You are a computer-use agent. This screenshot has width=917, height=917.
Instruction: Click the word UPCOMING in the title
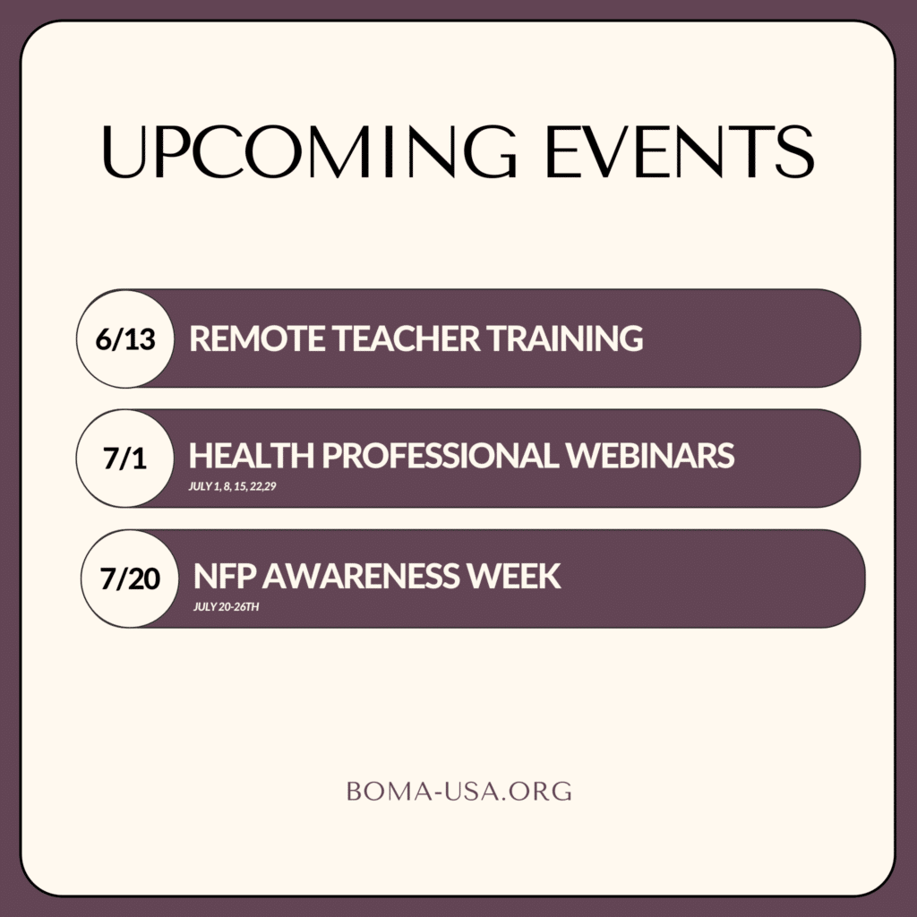[309, 151]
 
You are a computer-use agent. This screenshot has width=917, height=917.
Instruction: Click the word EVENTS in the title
[680, 151]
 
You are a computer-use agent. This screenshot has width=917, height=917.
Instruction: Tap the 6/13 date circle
[125, 339]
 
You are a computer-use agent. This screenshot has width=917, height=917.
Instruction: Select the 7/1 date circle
[125, 458]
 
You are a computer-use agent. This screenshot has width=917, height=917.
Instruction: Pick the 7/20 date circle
[130, 578]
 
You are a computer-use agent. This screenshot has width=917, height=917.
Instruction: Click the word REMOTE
[257, 339]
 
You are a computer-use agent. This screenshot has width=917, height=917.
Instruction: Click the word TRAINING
[565, 339]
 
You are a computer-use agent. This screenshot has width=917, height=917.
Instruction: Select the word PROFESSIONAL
[441, 456]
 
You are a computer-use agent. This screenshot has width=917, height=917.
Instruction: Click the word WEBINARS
[650, 456]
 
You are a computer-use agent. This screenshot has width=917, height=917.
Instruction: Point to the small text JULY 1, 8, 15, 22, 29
[232, 486]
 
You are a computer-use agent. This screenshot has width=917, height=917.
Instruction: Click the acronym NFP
[225, 576]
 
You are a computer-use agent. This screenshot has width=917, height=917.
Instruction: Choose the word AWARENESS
[361, 576]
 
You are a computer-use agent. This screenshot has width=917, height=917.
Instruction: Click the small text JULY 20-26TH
[227, 607]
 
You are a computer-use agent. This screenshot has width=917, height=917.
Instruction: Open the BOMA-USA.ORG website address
[459, 792]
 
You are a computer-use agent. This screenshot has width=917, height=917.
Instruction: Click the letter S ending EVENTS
[795, 151]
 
